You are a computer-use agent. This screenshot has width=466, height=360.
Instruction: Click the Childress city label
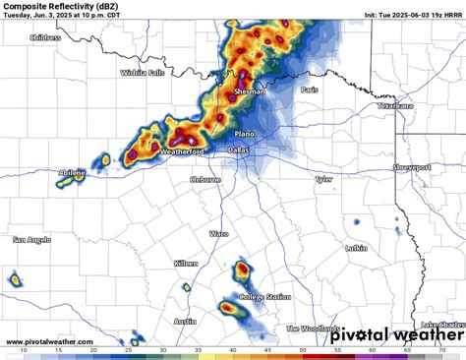[44, 38]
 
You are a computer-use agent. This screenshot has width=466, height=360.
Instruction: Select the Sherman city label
[250, 90]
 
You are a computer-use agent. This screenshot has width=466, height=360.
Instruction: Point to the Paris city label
[311, 90]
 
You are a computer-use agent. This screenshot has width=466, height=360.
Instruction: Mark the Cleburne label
[206, 180]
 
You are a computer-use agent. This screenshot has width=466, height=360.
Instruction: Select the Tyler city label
[322, 180]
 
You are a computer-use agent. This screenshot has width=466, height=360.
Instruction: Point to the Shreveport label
[412, 168]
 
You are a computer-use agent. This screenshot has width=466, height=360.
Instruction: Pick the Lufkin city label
[356, 249]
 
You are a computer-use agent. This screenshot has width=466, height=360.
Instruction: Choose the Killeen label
[186, 265]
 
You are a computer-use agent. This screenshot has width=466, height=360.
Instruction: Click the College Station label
[264, 297]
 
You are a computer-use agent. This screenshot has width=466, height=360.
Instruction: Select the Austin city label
[185, 322]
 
